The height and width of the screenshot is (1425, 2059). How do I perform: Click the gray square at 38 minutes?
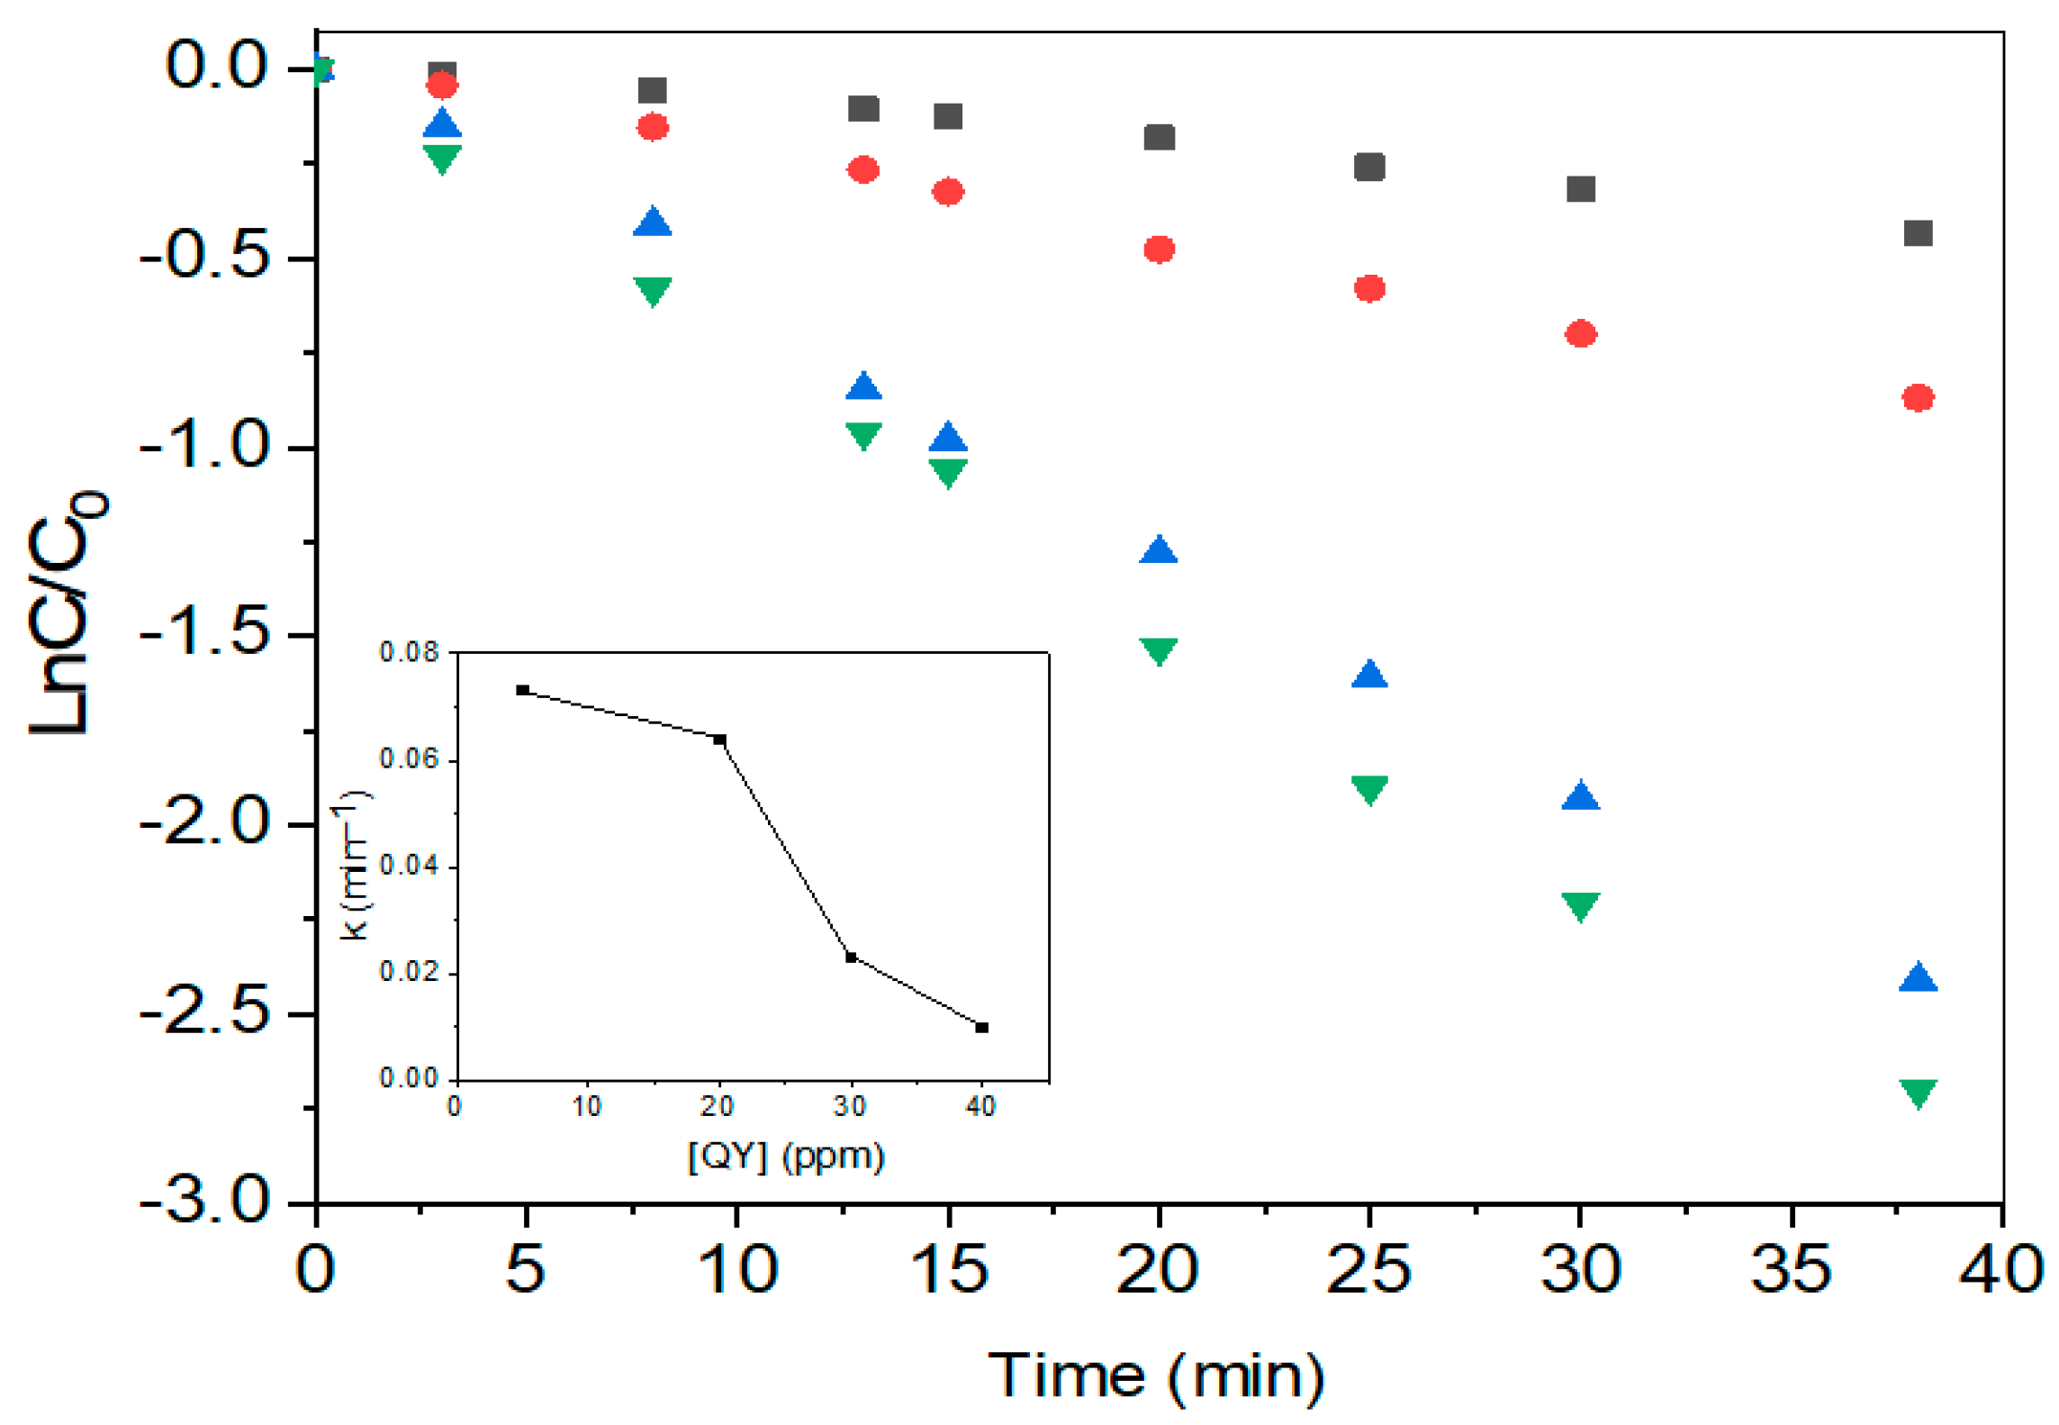1918,232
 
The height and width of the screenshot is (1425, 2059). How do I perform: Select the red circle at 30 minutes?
1581,334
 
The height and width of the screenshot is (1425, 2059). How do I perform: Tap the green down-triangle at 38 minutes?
1918,1093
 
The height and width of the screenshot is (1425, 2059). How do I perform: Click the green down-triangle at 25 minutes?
1369,788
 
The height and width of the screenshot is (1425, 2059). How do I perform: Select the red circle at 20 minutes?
1159,250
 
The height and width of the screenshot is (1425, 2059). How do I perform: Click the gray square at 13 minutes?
863,109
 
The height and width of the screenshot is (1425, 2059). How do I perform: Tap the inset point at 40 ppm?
982,1027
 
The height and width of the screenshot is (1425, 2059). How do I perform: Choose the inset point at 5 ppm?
522,690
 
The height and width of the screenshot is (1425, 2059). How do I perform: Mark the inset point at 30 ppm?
851,957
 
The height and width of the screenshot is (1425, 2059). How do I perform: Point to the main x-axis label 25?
1368,1270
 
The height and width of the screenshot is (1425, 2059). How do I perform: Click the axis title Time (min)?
1156,1376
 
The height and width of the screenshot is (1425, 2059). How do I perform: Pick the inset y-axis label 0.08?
409,651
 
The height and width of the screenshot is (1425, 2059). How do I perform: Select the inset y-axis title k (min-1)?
355,865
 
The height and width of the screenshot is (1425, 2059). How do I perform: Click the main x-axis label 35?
1790,1270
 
